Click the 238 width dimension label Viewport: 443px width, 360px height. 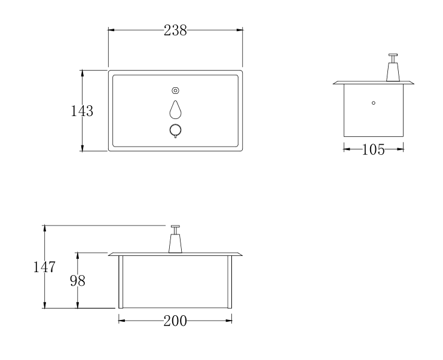point(175,31)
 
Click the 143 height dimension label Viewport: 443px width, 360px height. point(81,111)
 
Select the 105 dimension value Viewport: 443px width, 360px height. point(374,150)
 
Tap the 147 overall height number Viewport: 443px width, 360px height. point(44,267)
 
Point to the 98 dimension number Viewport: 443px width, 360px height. point(77,280)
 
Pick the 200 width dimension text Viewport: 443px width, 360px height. point(175,321)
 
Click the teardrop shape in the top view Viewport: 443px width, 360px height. point(175,109)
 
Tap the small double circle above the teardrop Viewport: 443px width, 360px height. point(175,90)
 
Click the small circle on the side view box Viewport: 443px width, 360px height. point(374,103)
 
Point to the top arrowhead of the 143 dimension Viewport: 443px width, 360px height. point(82,72)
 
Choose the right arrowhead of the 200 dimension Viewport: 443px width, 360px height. point(230,321)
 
